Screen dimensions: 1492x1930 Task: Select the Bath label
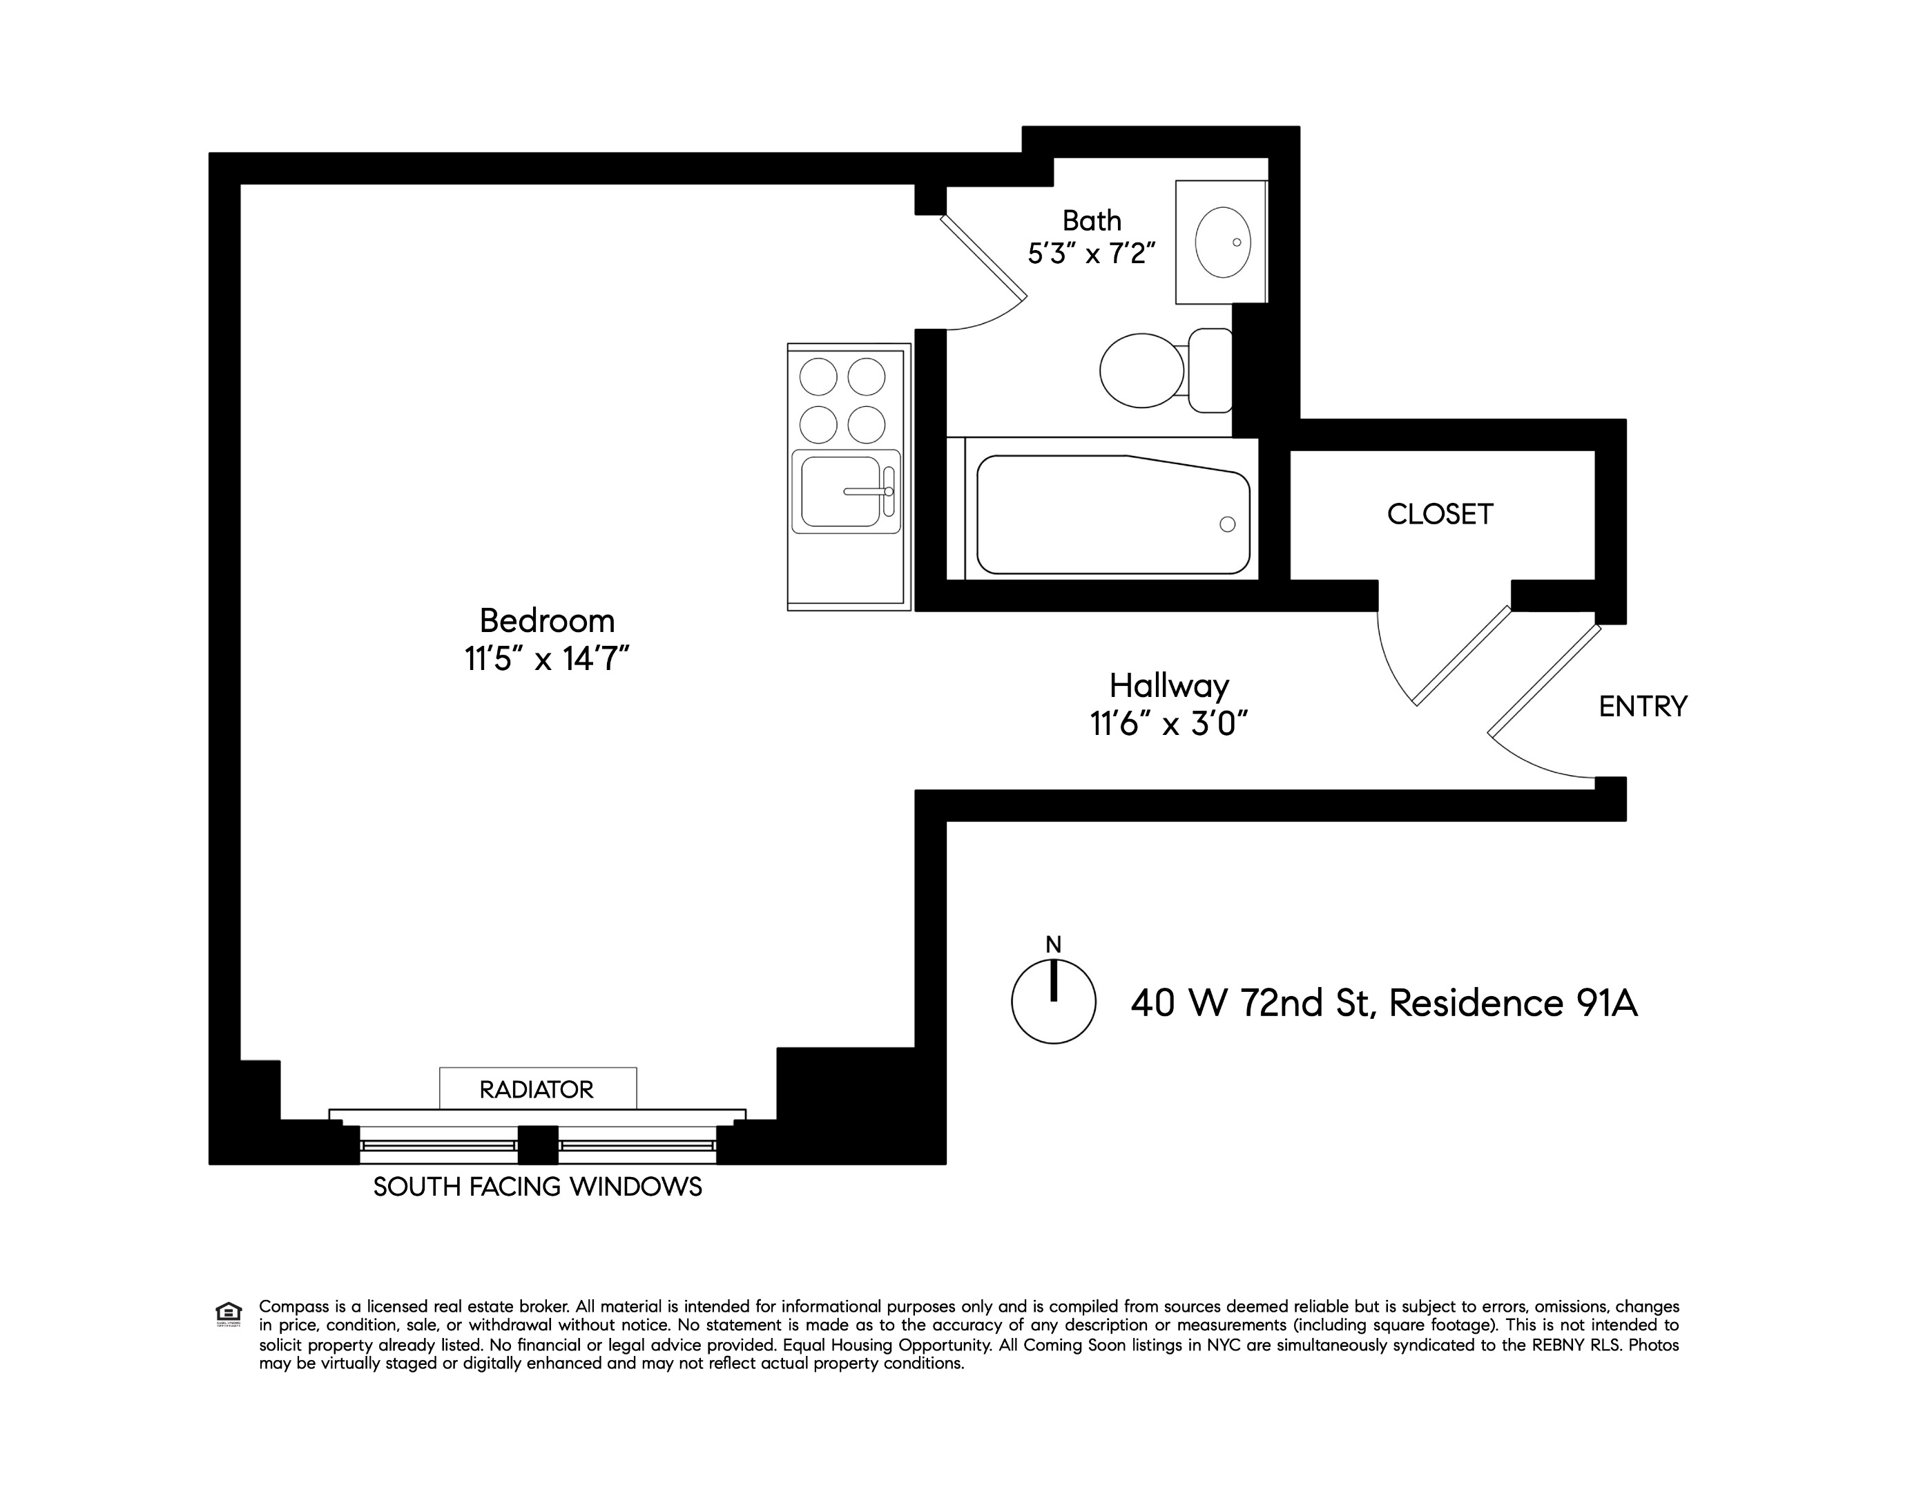[1092, 220]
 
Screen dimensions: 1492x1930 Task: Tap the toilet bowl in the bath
[1141, 370]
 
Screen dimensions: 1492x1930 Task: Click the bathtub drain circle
[1226, 524]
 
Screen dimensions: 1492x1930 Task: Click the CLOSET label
[1440, 515]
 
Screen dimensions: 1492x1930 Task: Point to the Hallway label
[1169, 686]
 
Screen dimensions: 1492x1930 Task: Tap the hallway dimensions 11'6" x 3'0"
[1169, 725]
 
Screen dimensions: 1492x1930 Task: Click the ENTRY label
[1643, 706]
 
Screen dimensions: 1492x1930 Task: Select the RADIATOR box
[537, 1089]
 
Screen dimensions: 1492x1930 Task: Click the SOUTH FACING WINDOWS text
[537, 1186]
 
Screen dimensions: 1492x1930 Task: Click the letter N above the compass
[1053, 945]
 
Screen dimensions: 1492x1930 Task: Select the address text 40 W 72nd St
[1251, 1003]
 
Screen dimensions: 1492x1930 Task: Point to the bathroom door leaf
[983, 256]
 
